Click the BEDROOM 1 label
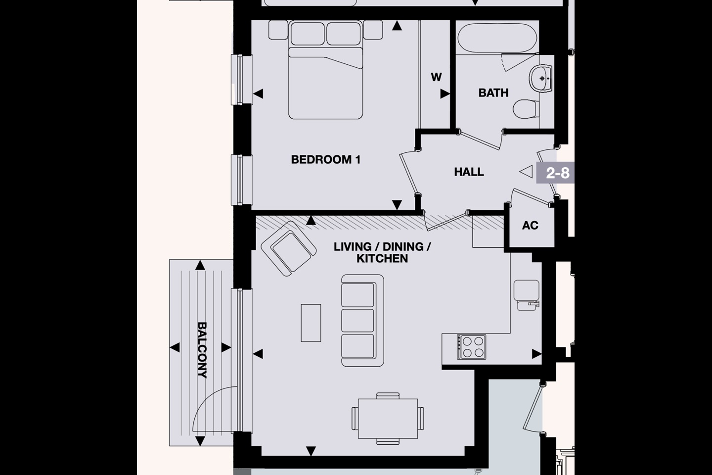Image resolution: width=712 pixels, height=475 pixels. coord(325,160)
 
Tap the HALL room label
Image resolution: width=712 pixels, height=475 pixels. coord(469,172)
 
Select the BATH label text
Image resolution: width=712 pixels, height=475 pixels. coord(493,93)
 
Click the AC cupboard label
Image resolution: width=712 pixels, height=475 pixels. coord(530,226)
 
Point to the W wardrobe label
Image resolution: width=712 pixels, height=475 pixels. coord(436,77)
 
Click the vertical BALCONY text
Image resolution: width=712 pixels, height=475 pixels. coord(202,350)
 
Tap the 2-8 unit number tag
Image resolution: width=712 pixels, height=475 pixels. coord(557,173)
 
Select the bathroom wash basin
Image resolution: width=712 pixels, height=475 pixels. coord(542,78)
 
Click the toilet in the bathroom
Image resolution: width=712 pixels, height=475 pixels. coord(525,109)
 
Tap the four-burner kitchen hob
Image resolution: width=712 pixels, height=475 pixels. coord(471,346)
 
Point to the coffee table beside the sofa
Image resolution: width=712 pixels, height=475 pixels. coord(311,323)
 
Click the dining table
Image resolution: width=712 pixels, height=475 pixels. coord(388,418)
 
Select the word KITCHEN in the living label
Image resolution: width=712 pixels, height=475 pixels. coord(382,258)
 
